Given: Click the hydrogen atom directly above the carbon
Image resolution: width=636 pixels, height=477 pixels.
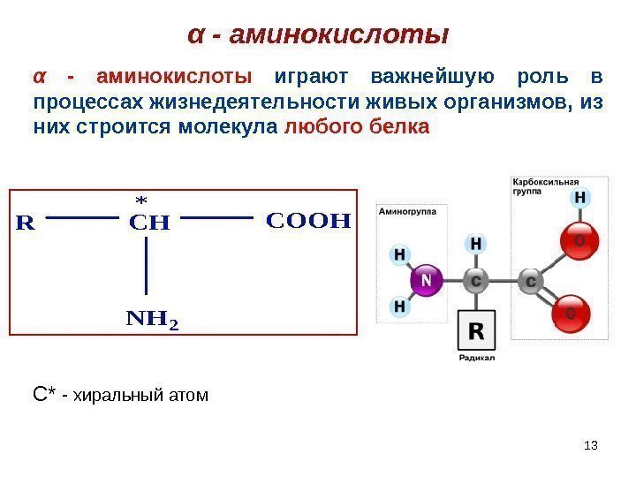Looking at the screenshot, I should point(475,242).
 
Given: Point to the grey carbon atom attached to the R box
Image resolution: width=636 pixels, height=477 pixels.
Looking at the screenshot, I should point(475,281).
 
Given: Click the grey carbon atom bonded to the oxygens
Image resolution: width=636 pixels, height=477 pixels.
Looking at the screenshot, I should point(531,281).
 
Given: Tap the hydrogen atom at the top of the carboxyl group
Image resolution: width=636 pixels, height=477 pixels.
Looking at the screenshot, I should point(580,199).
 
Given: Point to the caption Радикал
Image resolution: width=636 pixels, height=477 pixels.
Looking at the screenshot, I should point(476,358).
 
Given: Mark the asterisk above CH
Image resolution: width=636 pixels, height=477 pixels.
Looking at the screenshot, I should point(140,199).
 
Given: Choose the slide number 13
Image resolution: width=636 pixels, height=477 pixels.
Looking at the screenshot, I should point(592,444).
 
